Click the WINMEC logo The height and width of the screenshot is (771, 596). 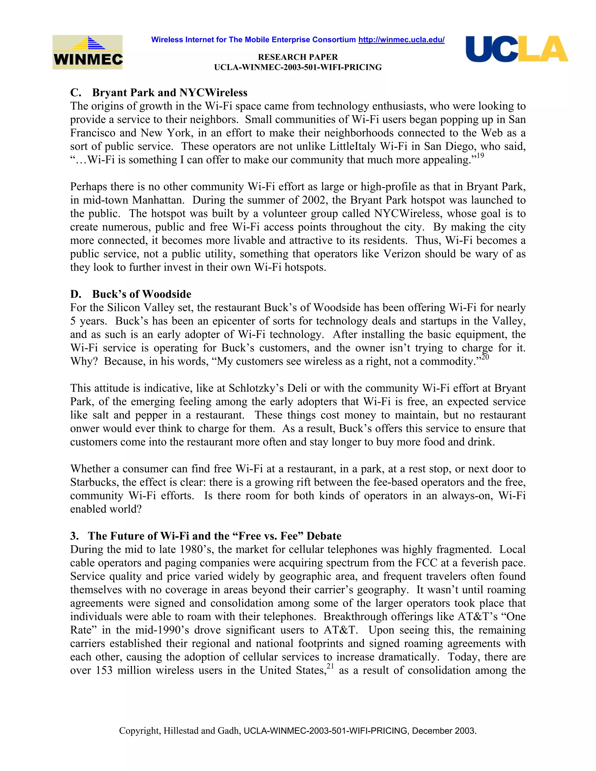point(88,52)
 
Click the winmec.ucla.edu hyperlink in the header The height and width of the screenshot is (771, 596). point(401,40)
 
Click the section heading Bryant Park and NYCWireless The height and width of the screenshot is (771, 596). point(169,93)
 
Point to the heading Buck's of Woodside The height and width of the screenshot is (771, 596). point(142,294)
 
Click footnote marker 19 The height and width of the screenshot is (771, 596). point(480,156)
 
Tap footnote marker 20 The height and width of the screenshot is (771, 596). point(485,357)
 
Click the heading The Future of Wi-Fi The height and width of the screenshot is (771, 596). point(214,536)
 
